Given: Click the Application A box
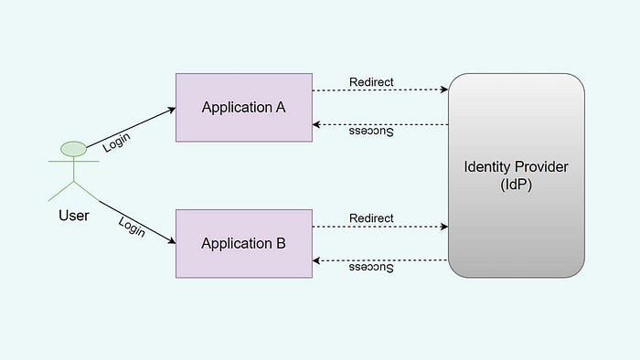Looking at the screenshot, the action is (244, 108).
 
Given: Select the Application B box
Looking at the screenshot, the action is (244, 244).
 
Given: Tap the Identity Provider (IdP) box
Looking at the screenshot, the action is (517, 175).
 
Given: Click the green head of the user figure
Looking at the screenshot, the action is (73, 149).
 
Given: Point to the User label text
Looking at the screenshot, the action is (74, 216).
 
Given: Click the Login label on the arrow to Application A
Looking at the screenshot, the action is (116, 143).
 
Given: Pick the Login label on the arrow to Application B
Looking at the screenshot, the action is (132, 227).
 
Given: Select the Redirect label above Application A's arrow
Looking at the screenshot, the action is (371, 82).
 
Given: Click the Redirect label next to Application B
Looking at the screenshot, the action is (371, 218).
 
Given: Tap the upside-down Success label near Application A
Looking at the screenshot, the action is (371, 132).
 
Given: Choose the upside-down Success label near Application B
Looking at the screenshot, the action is (371, 268).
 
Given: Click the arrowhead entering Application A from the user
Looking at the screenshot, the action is (172, 110).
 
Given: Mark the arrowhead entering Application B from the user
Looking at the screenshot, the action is (172, 241).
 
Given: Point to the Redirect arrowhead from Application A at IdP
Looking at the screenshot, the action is (444, 90).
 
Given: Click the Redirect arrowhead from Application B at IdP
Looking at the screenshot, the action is (444, 227).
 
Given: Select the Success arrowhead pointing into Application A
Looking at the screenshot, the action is (316, 124).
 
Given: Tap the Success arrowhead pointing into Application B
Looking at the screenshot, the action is (316, 260).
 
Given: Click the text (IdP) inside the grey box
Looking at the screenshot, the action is (517, 185).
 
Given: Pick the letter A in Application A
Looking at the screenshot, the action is (281, 107).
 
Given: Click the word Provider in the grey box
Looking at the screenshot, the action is (541, 166).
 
